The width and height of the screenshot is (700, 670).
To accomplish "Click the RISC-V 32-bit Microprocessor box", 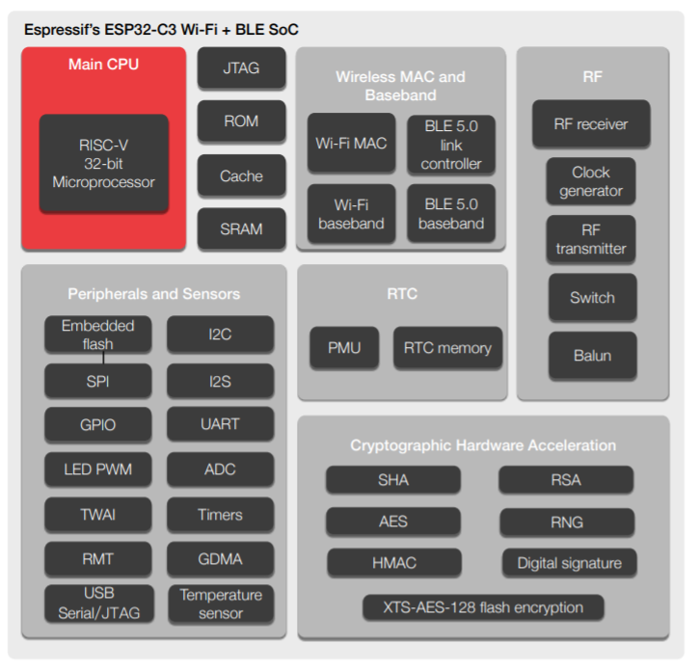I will (103, 163).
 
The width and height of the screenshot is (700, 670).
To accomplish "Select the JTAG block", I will (241, 68).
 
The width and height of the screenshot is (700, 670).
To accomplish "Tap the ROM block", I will (241, 121).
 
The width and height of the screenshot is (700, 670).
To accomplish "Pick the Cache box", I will (241, 175).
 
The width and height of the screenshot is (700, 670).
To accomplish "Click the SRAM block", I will (241, 229).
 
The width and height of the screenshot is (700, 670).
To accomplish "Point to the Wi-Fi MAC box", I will (351, 144).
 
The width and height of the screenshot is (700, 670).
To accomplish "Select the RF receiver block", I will (590, 124).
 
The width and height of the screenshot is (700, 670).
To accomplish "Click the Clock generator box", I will (590, 181).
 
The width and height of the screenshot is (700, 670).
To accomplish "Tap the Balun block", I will (591, 355).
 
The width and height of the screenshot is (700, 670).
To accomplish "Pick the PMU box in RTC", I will (343, 348).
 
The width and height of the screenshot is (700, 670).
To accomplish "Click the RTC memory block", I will (447, 348).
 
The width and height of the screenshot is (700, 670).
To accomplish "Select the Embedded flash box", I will (97, 334).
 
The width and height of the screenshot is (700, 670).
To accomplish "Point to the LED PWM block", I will (97, 469).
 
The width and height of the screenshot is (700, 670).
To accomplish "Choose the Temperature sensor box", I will (220, 603).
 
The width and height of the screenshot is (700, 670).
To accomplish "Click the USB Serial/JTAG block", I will (97, 603).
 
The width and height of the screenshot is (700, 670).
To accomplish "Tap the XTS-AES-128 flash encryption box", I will (483, 607).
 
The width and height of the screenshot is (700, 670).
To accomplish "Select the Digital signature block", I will (569, 563).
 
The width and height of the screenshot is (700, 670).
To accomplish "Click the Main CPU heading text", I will (103, 65).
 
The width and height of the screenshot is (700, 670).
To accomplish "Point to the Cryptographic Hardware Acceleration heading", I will (483, 445).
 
